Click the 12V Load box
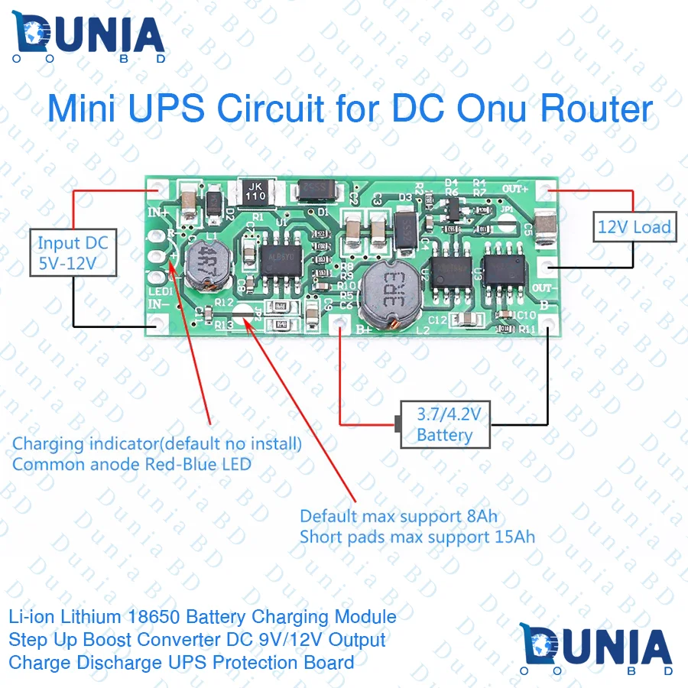click(x=634, y=226)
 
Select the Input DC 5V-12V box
click(x=73, y=255)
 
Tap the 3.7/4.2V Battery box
click(x=446, y=425)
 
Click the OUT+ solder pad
click(x=545, y=190)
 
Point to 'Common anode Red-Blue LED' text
click(x=131, y=464)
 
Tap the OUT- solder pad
click(x=546, y=267)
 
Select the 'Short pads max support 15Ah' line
click(x=417, y=537)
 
